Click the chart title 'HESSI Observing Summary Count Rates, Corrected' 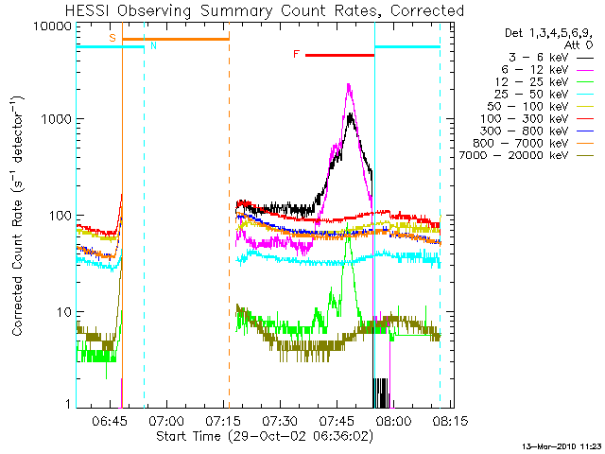266,10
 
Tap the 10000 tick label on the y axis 53,26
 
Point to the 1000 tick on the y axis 58,120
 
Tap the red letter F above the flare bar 296,55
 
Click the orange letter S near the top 112,38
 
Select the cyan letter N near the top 154,44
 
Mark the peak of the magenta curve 349,84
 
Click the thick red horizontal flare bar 339,56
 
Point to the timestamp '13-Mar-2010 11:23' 562,445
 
